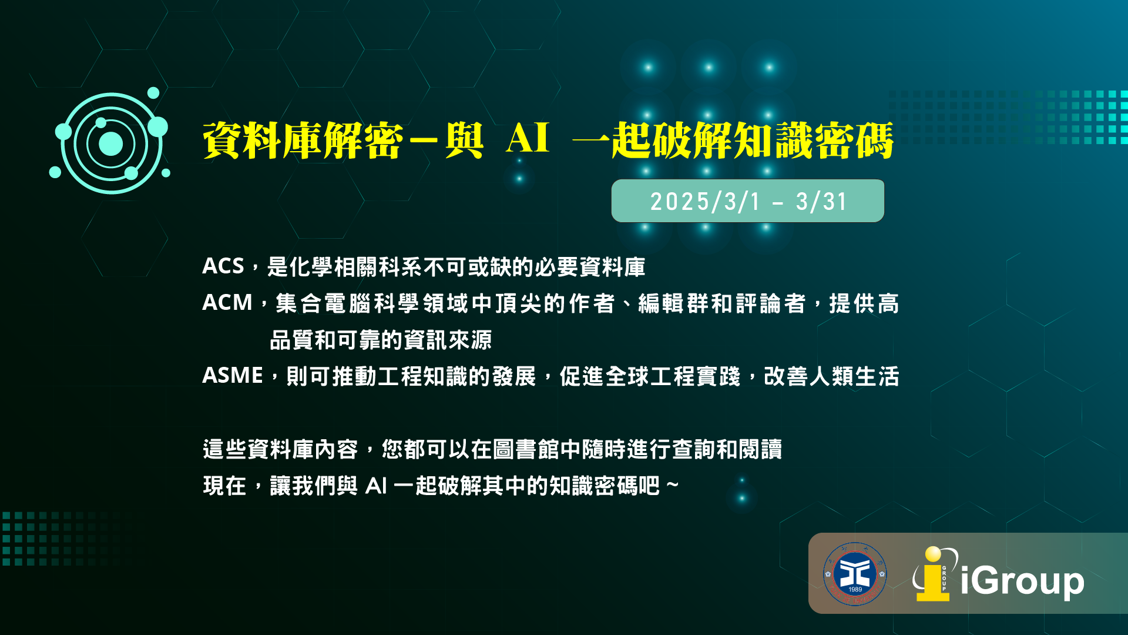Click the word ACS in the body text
[223, 266]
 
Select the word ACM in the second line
[227, 303]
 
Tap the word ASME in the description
[233, 376]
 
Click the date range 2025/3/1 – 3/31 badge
[748, 201]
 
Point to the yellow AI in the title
[528, 139]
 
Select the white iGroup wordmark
[1022, 581]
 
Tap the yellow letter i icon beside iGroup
[933, 574]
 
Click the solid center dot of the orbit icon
[110, 144]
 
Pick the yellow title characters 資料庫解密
[303, 141]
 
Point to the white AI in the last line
[376, 486]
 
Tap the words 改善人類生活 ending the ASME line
[831, 376]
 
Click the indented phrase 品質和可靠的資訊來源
[381, 340]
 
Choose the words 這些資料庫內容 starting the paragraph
[280, 450]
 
